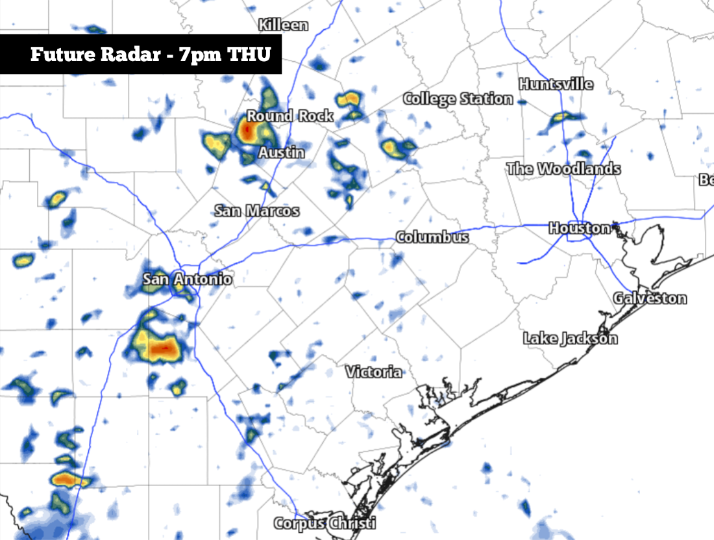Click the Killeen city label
point(283,25)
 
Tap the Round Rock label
point(290,116)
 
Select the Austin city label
point(281,153)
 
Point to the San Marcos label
point(257,211)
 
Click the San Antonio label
point(187,279)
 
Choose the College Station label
point(458,99)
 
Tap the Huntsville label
point(556,84)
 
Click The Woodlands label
point(563,169)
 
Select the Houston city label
point(580,228)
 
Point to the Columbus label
point(432,237)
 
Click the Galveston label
point(650,298)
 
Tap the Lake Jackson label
point(571,339)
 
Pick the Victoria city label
point(373,372)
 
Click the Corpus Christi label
point(325,523)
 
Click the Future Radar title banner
point(141,54)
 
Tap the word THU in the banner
point(248,54)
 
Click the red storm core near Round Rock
point(247,132)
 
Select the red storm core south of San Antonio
point(162,350)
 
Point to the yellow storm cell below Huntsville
point(560,118)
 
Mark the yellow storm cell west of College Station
point(391,148)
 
